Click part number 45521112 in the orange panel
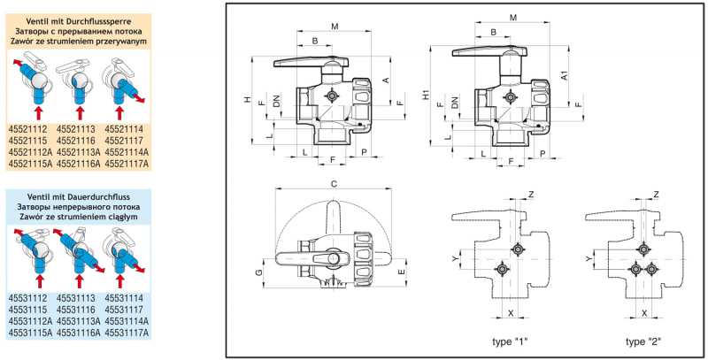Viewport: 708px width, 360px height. tap(27, 129)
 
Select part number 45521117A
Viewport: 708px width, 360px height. tap(129, 164)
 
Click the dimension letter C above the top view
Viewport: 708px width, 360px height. tap(333, 184)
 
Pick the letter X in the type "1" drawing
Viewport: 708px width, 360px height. tap(511, 314)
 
